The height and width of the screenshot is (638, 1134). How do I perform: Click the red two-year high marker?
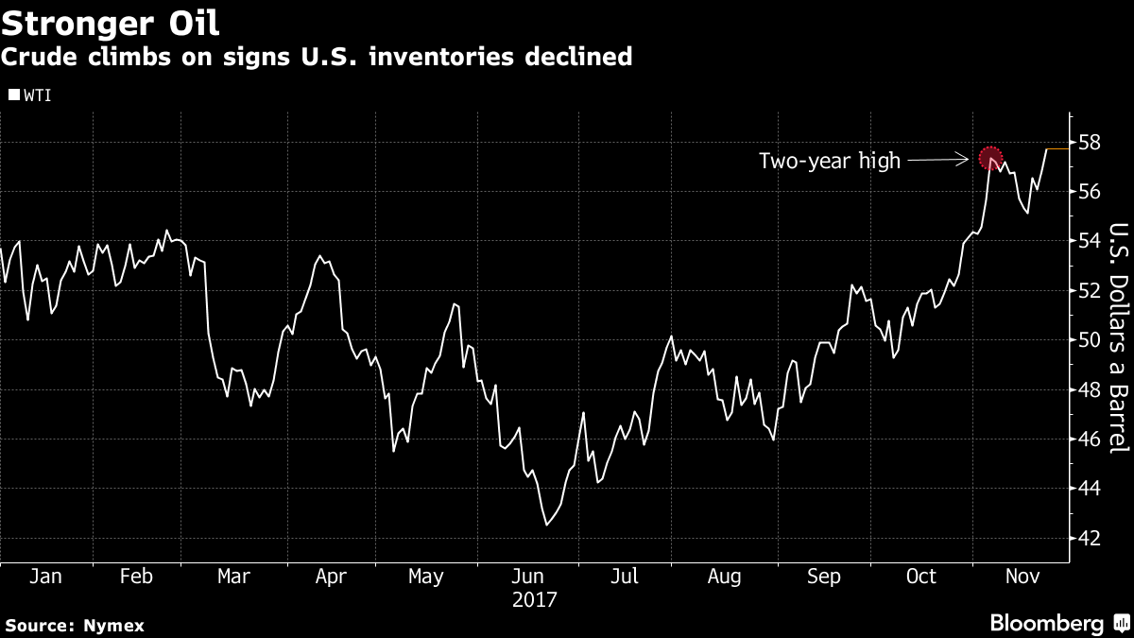(x=989, y=157)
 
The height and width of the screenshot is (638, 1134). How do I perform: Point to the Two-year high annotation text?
(x=830, y=161)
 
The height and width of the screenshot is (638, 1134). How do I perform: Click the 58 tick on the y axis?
(x=1089, y=143)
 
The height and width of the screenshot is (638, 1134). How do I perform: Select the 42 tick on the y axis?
(x=1089, y=538)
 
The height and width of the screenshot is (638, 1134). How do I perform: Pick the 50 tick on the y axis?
(x=1089, y=340)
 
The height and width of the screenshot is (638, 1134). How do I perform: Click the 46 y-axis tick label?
(x=1089, y=440)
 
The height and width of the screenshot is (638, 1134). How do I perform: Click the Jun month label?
(x=527, y=577)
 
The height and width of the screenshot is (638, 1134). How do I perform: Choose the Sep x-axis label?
(x=823, y=577)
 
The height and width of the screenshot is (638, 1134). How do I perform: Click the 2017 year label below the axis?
(x=535, y=599)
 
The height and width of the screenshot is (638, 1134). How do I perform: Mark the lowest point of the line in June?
(x=546, y=525)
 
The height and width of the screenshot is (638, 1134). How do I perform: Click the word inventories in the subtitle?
(x=431, y=57)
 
